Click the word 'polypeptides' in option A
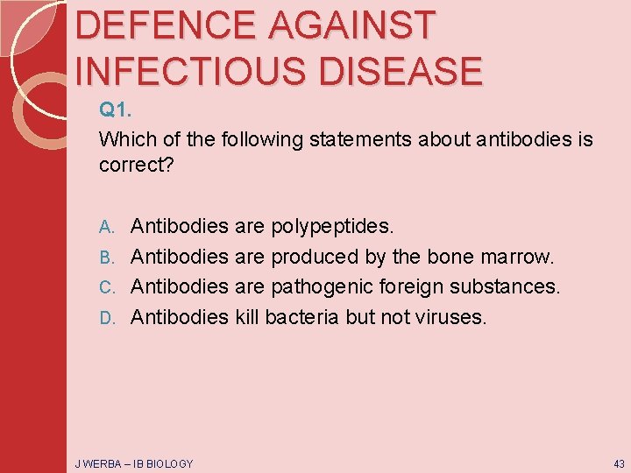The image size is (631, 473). tap(332, 227)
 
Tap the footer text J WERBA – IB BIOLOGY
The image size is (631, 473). tap(133, 462)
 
